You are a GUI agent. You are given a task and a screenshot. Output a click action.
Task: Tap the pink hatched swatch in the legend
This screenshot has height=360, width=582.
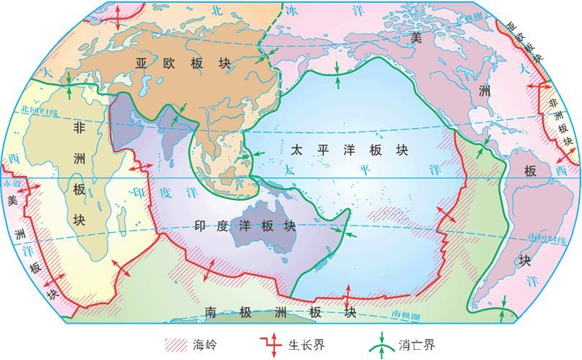[x=175, y=342]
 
